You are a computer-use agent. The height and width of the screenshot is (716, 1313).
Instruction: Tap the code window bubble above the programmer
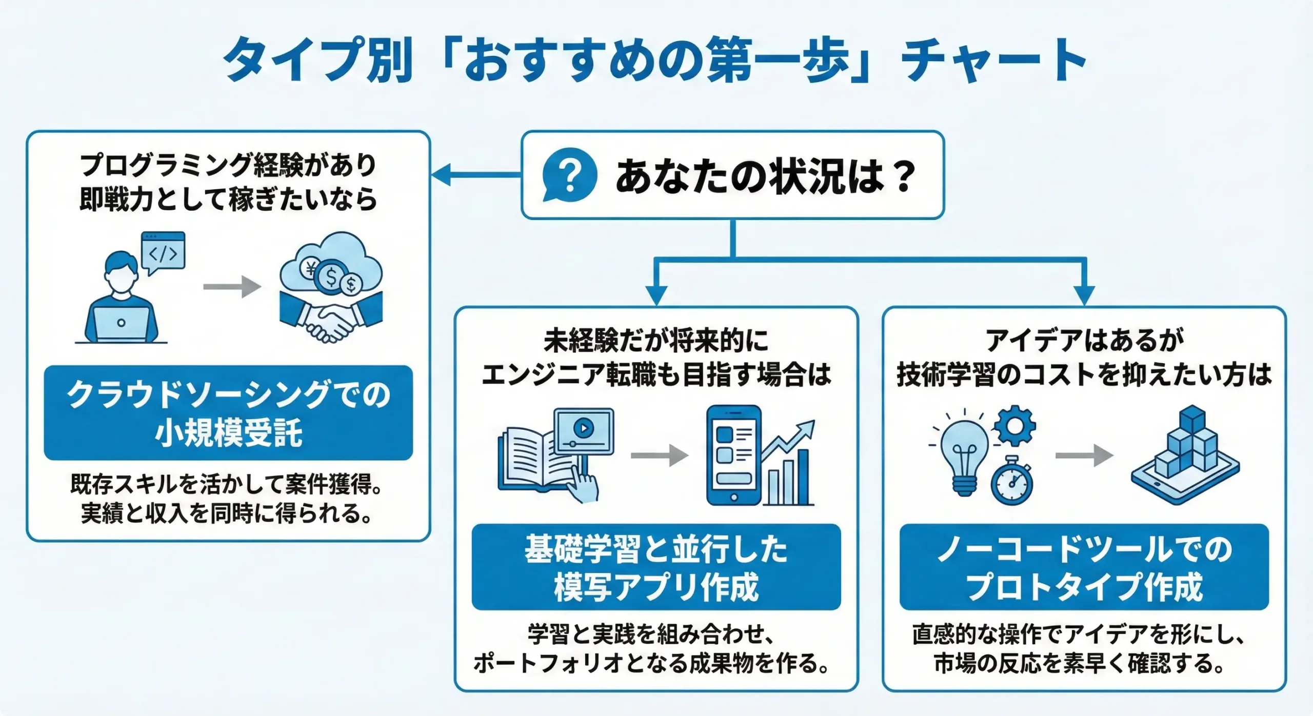click(164, 252)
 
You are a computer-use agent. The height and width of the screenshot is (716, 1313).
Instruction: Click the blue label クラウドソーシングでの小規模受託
click(228, 413)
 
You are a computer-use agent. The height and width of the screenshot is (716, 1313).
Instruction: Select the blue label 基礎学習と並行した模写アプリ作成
click(656, 567)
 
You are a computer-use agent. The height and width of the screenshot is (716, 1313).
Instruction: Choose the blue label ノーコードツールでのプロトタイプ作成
click(1084, 567)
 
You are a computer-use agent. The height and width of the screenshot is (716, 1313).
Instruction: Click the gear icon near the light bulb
click(1014, 425)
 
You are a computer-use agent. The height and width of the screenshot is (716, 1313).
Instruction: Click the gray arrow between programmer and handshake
click(232, 287)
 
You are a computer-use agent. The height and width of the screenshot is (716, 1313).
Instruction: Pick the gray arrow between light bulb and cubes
click(1084, 455)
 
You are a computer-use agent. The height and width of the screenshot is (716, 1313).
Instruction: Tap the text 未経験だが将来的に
click(656, 340)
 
